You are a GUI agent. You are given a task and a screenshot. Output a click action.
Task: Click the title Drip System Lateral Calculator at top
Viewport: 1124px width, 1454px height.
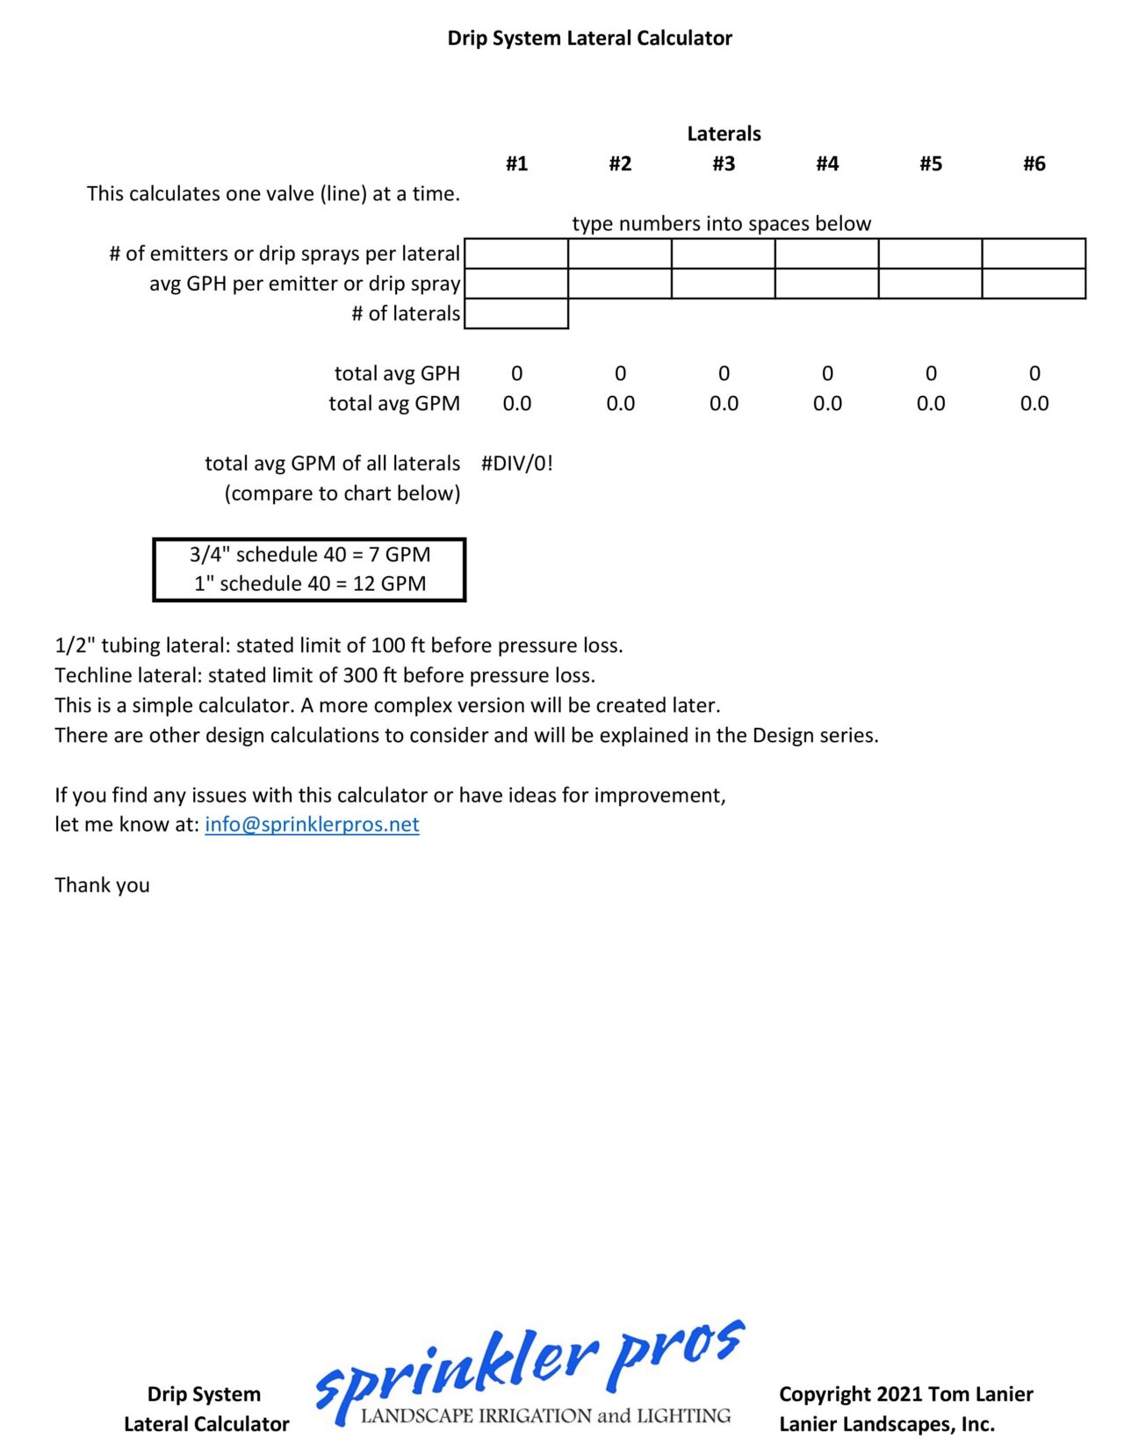[589, 38]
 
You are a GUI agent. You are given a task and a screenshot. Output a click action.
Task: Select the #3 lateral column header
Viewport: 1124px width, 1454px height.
[724, 163]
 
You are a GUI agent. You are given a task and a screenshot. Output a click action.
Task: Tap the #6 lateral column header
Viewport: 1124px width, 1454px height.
[1034, 163]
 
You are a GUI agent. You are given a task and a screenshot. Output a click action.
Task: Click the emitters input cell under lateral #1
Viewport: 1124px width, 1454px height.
[516, 254]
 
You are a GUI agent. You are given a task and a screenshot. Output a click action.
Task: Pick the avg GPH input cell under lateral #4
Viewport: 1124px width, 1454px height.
[826, 284]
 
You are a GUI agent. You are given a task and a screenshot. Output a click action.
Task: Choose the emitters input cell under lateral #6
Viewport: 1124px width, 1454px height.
[1034, 254]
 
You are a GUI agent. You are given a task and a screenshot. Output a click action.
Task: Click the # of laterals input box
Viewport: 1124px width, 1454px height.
[516, 313]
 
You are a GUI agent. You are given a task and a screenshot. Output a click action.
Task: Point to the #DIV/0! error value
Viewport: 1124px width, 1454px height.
[517, 463]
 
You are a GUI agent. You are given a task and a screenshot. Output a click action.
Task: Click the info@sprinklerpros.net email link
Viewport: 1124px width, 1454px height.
[312, 824]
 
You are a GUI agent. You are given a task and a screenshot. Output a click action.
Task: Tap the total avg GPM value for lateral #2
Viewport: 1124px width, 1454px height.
[620, 403]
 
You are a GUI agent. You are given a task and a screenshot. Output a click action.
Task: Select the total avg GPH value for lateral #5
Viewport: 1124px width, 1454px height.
[931, 373]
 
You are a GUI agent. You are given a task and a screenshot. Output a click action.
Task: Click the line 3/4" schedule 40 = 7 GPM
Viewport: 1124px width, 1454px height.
[310, 554]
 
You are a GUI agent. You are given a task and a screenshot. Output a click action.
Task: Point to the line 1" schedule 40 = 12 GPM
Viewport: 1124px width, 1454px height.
[310, 584]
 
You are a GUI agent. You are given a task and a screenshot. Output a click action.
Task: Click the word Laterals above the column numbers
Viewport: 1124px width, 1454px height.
[724, 133]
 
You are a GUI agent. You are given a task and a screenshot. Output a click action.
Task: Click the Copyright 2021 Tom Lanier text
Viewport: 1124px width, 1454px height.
[905, 1394]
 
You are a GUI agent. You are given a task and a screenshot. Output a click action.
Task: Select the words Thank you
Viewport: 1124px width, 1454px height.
[102, 885]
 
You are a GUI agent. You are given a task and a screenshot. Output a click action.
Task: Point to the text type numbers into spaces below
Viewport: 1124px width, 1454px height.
[722, 224]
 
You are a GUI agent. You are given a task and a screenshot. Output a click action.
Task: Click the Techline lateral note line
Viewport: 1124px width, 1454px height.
[325, 675]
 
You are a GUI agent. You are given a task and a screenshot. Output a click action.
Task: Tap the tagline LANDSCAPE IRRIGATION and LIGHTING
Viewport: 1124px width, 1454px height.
[545, 1415]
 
